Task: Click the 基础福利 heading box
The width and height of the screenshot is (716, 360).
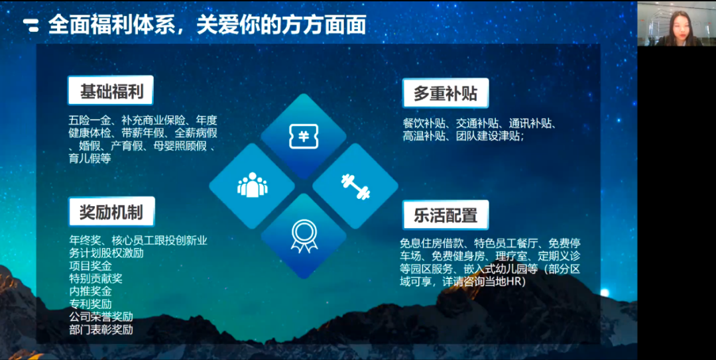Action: coord(111,91)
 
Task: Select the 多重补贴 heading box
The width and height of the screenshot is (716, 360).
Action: coord(445,93)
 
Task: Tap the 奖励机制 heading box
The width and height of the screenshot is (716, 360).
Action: coord(111,211)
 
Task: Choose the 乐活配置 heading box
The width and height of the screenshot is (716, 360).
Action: coord(445,215)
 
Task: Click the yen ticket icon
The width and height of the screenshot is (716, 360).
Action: coord(303,137)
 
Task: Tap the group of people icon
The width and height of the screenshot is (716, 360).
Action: coord(252,186)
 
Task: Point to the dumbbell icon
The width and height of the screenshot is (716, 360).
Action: coord(355,186)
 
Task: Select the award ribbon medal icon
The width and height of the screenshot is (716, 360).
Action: coord(304,235)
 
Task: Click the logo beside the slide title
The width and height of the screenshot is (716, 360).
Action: coord(31,25)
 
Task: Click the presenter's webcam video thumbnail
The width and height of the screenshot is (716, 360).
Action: coord(676,23)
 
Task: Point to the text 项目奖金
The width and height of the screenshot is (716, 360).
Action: coord(90,266)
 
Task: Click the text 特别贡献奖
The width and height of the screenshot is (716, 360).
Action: coord(95,278)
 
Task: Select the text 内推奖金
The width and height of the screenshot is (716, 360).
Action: coord(90,291)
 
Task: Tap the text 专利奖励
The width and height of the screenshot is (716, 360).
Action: coord(90,304)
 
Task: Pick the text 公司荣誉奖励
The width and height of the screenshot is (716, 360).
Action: coord(101,316)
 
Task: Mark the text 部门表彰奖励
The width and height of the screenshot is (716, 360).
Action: coord(101,329)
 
